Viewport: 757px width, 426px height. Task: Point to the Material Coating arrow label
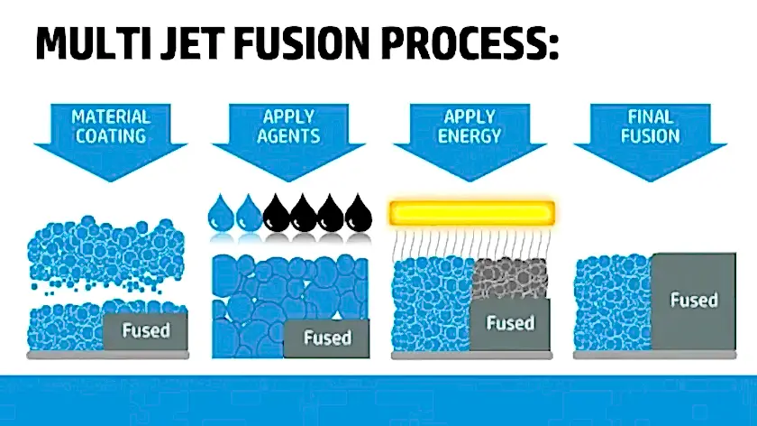tap(111, 126)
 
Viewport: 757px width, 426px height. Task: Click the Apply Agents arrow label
tap(288, 126)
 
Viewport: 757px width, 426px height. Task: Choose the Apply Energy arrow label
tap(470, 126)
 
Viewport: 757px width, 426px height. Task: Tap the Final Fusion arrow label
tap(651, 126)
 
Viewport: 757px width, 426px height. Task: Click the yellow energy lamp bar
tap(471, 213)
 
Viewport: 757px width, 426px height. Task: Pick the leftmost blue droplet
tap(221, 213)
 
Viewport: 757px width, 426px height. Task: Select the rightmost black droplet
tap(359, 213)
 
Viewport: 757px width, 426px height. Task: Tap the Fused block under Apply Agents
tap(327, 338)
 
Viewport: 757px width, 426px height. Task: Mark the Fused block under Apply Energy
tap(510, 324)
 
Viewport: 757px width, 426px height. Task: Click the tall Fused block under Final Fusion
tap(693, 301)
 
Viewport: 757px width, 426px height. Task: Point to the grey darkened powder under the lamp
tap(509, 278)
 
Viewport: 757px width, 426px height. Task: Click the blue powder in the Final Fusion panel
tap(613, 303)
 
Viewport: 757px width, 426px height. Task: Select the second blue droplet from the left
tap(249, 213)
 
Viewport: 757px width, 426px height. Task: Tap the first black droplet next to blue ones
tap(276, 213)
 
